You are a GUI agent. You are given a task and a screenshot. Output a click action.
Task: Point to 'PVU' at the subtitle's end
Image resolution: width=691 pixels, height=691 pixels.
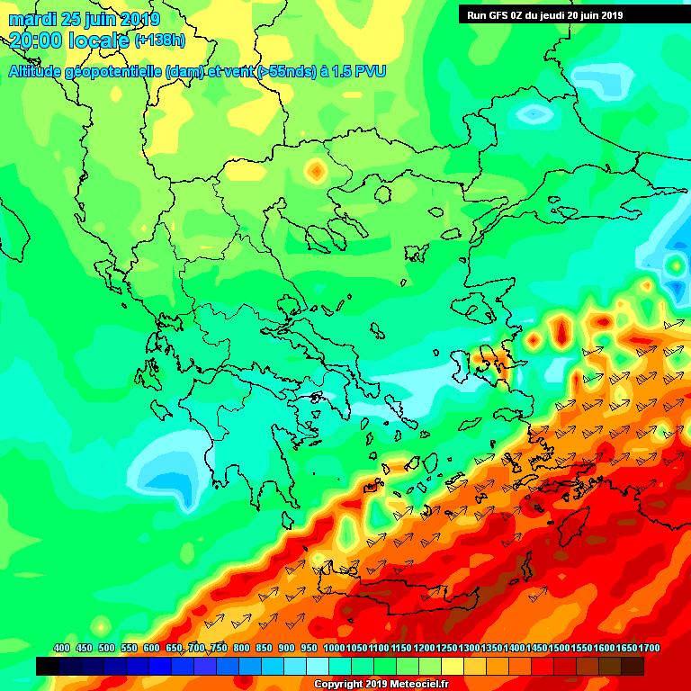pyautogui.click(x=368, y=71)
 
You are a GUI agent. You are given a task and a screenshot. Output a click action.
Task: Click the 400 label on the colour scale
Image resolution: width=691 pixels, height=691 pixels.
pyautogui.click(x=61, y=649)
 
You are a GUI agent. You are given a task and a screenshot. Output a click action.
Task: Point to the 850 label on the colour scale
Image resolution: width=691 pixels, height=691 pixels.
pyautogui.click(x=264, y=649)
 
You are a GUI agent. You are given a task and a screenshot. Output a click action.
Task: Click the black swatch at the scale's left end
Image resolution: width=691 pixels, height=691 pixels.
pyautogui.click(x=48, y=666)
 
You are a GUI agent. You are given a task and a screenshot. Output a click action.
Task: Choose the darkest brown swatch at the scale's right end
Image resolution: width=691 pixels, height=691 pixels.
pyautogui.click(x=633, y=666)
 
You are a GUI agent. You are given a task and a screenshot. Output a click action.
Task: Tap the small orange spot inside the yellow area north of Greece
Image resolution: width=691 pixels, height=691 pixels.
pyautogui.click(x=316, y=170)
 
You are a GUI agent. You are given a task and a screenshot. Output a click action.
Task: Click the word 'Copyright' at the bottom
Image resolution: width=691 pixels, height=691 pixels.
pyautogui.click(x=340, y=684)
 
